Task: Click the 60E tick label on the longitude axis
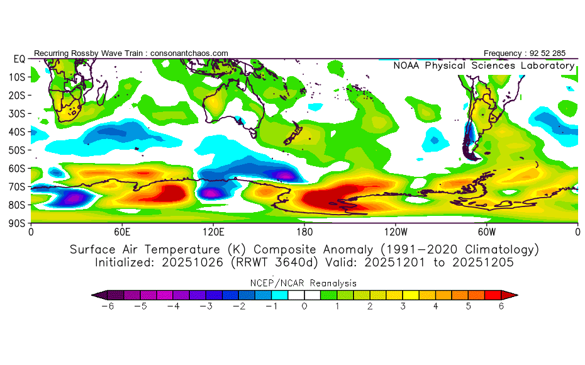point(122,232)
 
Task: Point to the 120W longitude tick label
point(396,232)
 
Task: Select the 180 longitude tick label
point(304,232)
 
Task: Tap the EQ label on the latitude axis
point(19,59)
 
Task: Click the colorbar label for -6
point(107,306)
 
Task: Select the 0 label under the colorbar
point(304,306)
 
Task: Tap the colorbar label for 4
point(435,306)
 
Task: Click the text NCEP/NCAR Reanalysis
point(304,283)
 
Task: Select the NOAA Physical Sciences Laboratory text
point(484,65)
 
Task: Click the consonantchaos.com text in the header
point(189,53)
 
